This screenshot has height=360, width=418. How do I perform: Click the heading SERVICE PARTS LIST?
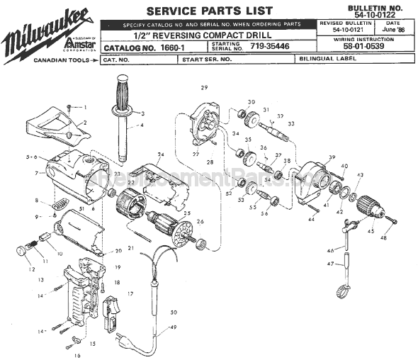208,11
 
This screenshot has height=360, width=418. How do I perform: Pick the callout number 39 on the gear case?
311,157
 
